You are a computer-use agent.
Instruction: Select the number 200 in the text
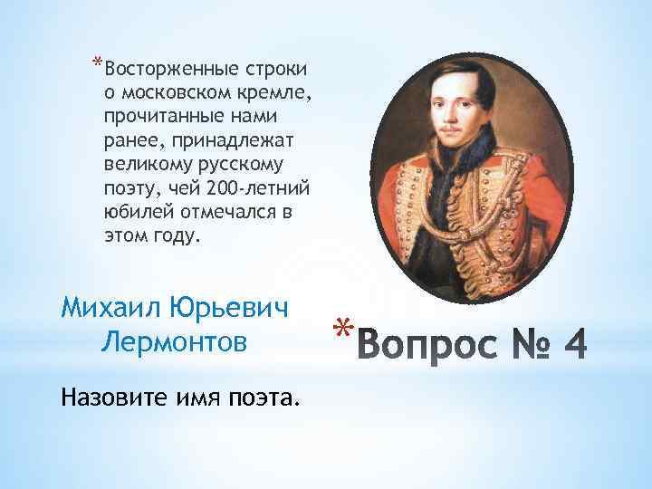pos(221,187)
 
